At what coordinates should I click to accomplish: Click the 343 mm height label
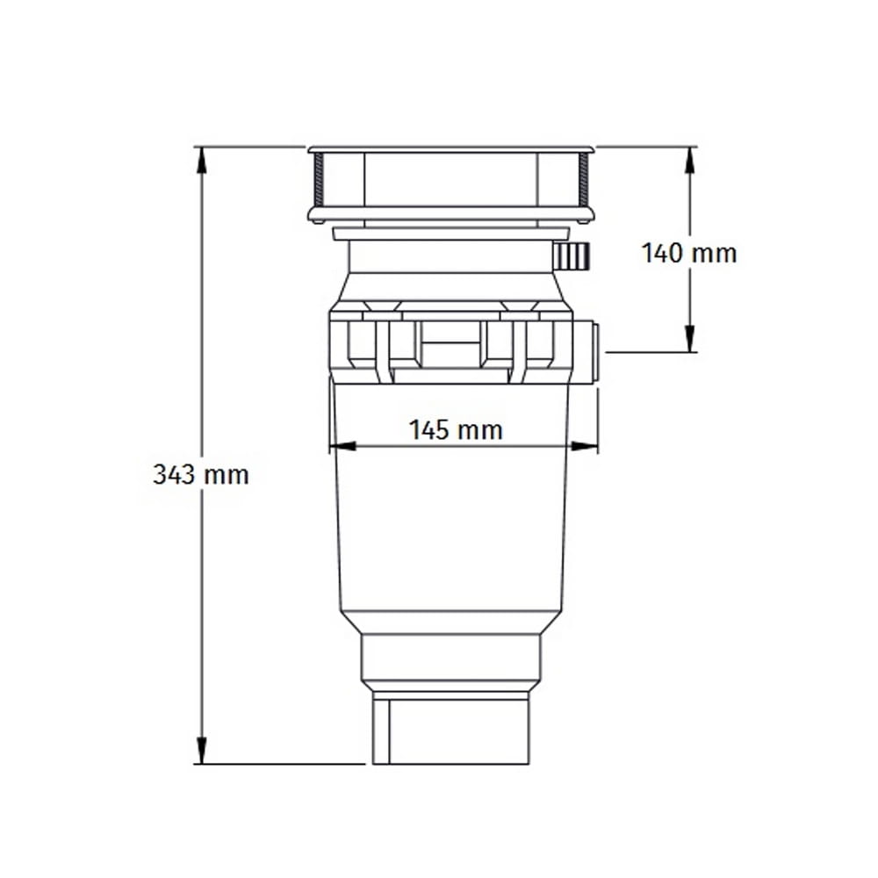point(201,475)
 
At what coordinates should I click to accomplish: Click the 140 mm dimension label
point(688,254)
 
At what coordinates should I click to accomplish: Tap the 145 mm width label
point(456,430)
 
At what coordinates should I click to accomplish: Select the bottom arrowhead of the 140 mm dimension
point(690,338)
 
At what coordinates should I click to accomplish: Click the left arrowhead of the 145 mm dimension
point(342,446)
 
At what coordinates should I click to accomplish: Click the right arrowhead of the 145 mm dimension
point(584,446)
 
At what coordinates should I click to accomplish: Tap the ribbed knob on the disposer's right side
point(572,257)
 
